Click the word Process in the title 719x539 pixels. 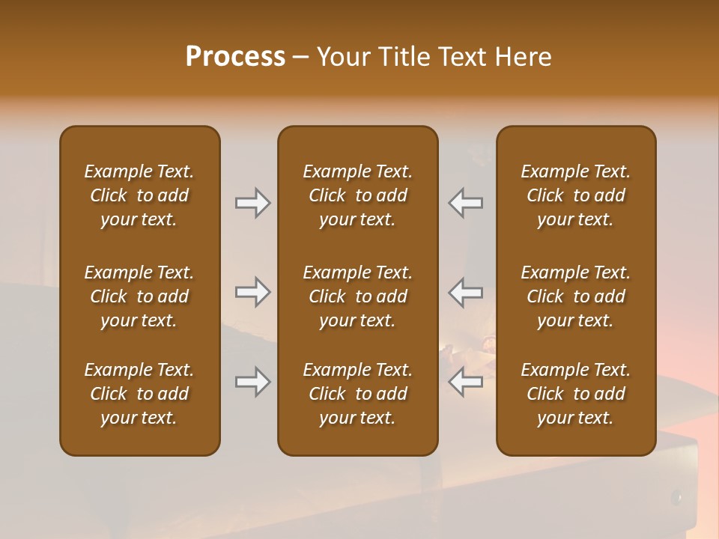pyautogui.click(x=235, y=57)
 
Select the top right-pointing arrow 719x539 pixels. pyautogui.click(x=253, y=203)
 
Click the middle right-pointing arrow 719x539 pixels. pyautogui.click(x=253, y=293)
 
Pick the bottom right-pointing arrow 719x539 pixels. pyautogui.click(x=253, y=383)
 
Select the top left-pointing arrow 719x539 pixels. pyautogui.click(x=465, y=203)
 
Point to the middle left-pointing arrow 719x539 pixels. pyautogui.click(x=465, y=293)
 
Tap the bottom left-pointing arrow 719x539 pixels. pyautogui.click(x=465, y=383)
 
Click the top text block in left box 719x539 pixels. pyautogui.click(x=139, y=195)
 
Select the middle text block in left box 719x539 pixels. pyautogui.click(x=139, y=296)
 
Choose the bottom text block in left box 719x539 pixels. pyautogui.click(x=139, y=394)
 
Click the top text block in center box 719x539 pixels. pyautogui.click(x=357, y=195)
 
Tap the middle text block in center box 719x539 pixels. pyautogui.click(x=357, y=296)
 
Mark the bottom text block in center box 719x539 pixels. pyautogui.click(x=357, y=394)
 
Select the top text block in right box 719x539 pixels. pyautogui.click(x=575, y=195)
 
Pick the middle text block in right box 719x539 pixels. pyautogui.click(x=575, y=296)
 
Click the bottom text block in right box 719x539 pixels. pyautogui.click(x=575, y=394)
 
